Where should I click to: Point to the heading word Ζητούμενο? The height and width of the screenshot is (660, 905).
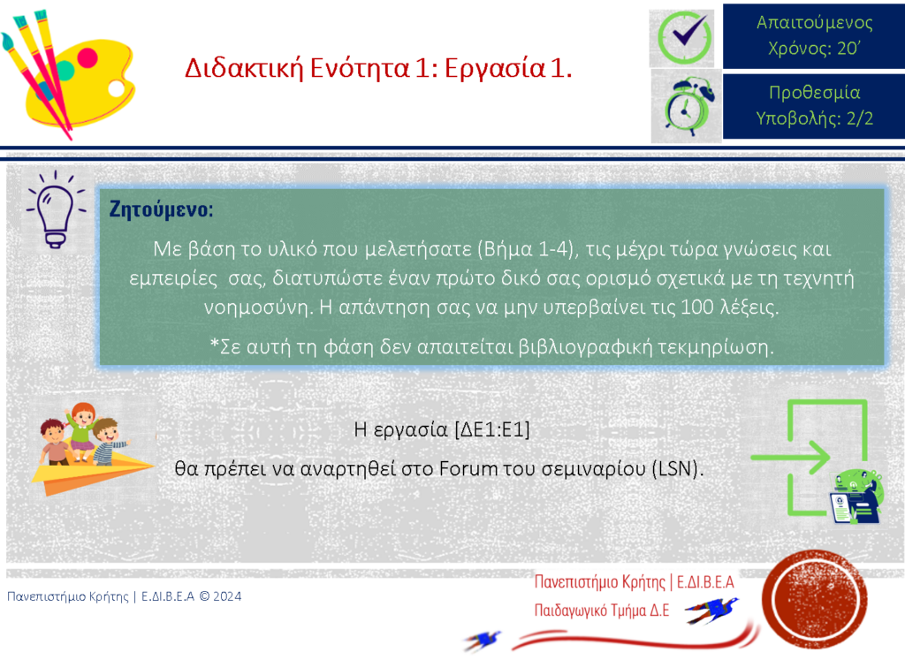click(161, 209)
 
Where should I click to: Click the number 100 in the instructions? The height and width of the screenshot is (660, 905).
click(697, 307)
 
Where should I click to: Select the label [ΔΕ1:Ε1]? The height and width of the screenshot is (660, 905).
click(491, 429)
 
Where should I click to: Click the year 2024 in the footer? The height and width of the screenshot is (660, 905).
click(227, 596)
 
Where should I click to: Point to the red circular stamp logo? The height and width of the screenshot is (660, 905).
click(814, 598)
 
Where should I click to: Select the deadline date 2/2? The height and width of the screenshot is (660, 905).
click(859, 118)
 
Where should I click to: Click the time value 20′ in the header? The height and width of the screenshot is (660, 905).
click(849, 48)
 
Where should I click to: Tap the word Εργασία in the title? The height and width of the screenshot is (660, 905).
click(495, 69)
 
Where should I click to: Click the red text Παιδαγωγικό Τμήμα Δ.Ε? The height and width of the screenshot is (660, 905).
click(601, 611)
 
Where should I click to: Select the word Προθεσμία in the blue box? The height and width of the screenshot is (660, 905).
click(814, 92)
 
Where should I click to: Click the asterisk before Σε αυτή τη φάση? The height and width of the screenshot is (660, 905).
click(215, 345)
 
